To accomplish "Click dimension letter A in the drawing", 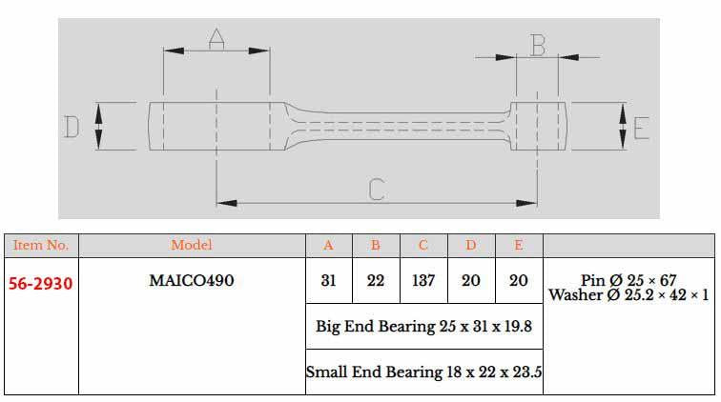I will [x=216, y=38].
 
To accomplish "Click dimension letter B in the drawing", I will [x=537, y=44].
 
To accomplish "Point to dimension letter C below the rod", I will [x=376, y=189].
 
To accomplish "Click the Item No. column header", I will [x=41, y=245].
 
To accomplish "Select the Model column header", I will [x=192, y=245].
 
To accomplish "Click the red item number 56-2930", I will [x=41, y=283].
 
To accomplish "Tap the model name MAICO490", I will [x=192, y=281].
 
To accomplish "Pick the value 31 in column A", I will [x=328, y=281].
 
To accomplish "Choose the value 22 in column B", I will [x=376, y=281].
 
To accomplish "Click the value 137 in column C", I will [x=423, y=281].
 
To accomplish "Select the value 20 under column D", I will [x=471, y=281].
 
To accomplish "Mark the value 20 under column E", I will [x=519, y=281].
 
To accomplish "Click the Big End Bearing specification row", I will [x=423, y=327].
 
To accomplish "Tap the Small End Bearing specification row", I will [x=423, y=372].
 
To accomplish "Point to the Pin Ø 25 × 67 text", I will [x=628, y=281].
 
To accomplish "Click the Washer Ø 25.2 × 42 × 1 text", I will [x=628, y=295].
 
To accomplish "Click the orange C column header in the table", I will [x=423, y=245].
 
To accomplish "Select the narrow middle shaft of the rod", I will [x=401, y=126].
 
